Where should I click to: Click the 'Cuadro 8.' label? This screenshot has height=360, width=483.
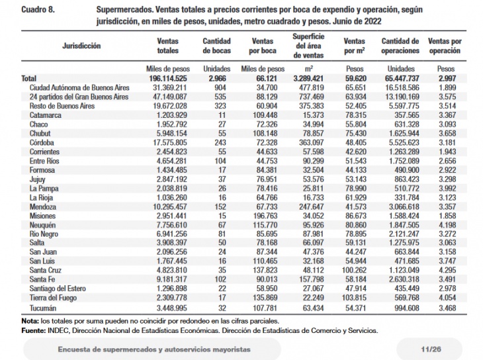click(38, 10)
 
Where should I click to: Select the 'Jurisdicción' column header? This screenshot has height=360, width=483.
click(81, 46)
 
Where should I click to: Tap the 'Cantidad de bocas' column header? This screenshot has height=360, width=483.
click(216, 46)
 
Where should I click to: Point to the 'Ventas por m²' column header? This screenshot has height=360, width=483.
click(355, 46)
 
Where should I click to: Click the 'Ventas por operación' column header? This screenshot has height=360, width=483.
click(445, 46)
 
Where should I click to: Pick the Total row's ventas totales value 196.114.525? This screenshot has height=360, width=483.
click(168, 79)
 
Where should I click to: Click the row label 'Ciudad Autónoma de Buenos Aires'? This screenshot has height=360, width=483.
click(79, 87)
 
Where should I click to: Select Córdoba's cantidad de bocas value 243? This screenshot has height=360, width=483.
click(220, 143)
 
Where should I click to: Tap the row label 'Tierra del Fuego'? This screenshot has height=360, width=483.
click(53, 298)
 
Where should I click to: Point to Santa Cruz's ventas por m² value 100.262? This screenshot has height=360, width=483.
click(354, 270)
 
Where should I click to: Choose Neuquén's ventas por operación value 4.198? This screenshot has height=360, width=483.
click(447, 225)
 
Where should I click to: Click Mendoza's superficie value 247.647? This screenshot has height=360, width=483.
click(312, 207)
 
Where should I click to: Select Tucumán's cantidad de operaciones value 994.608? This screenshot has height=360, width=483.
click(407, 308)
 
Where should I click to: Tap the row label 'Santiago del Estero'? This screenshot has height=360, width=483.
click(58, 289)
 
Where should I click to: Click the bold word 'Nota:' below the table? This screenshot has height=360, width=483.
click(30, 321)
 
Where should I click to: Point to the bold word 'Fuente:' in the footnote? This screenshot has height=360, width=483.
click(34, 331)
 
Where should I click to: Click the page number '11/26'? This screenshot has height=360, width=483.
click(431, 349)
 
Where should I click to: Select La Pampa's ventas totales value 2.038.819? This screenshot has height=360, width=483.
click(170, 189)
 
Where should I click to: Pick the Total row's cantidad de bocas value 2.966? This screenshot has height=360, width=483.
click(217, 79)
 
